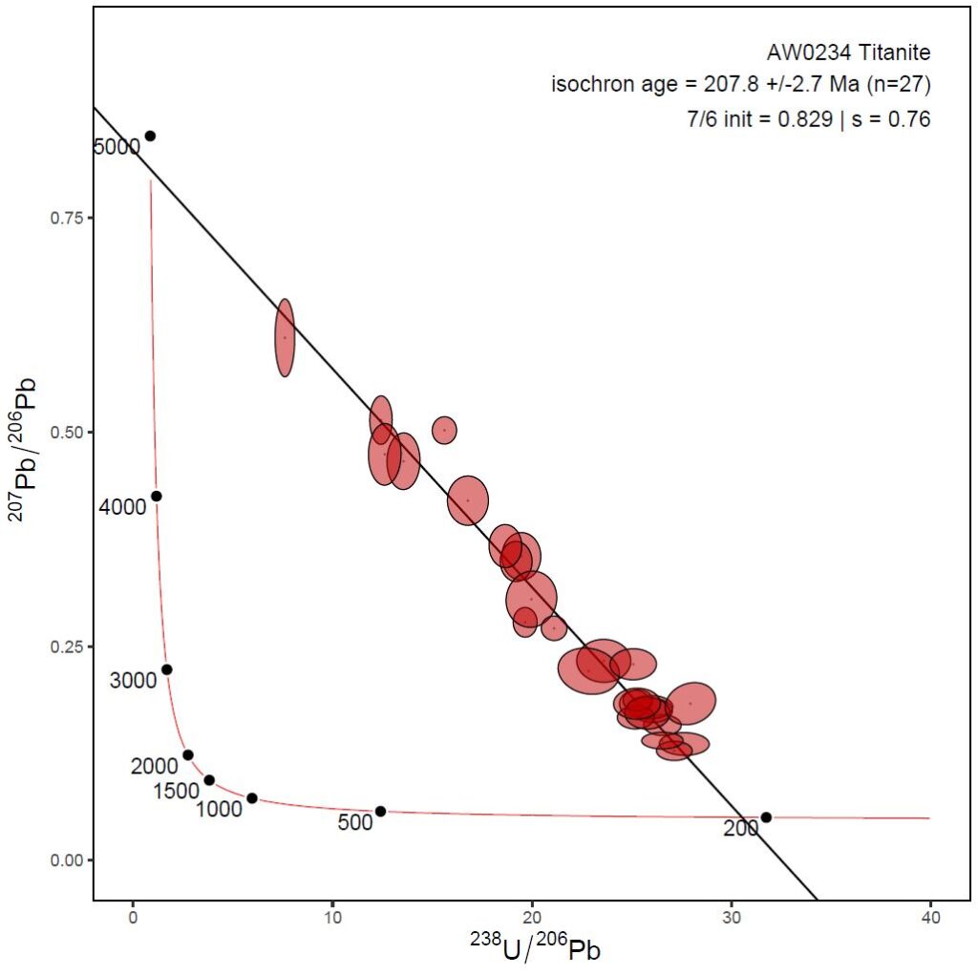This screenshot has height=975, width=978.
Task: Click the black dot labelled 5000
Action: point(150,136)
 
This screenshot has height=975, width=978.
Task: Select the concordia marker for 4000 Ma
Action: point(157,496)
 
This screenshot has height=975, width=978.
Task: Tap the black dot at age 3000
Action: point(166,669)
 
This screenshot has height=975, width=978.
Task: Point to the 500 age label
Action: point(354,823)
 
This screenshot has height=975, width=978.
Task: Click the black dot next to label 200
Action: point(766,816)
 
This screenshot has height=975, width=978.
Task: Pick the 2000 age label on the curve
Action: point(155,766)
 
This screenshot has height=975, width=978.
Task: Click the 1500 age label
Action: point(177,791)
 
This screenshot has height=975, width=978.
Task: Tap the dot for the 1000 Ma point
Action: point(252,798)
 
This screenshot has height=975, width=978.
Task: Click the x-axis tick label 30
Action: point(732,919)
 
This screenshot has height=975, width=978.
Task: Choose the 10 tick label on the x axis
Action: point(332,919)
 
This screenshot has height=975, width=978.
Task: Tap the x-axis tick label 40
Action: point(931,919)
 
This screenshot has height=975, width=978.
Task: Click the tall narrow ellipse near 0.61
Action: point(285,337)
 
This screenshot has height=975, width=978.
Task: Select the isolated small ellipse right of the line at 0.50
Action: point(444,430)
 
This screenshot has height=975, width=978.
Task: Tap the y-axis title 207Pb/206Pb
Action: point(28,435)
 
